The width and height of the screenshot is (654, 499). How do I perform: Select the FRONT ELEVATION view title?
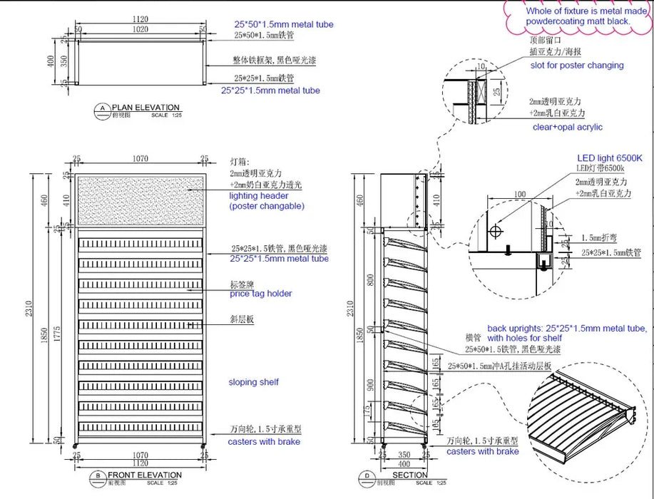(x=145, y=475)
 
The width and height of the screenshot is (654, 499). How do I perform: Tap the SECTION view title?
(x=410, y=475)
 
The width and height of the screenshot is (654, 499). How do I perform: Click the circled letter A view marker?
(x=103, y=109)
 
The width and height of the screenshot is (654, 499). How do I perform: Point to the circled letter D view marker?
(x=367, y=476)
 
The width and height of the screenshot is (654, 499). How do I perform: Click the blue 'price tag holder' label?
(x=260, y=294)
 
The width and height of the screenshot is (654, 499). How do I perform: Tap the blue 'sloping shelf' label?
(x=253, y=382)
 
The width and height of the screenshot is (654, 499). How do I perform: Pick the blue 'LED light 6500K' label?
(x=609, y=158)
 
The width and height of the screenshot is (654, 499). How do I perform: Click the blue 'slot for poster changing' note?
(x=577, y=66)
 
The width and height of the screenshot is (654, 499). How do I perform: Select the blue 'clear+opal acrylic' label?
(x=568, y=127)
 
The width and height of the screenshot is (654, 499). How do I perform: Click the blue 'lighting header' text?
(x=258, y=195)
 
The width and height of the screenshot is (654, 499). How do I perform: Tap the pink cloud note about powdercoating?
(x=578, y=16)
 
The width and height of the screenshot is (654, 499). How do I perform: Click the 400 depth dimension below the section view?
(x=404, y=463)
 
